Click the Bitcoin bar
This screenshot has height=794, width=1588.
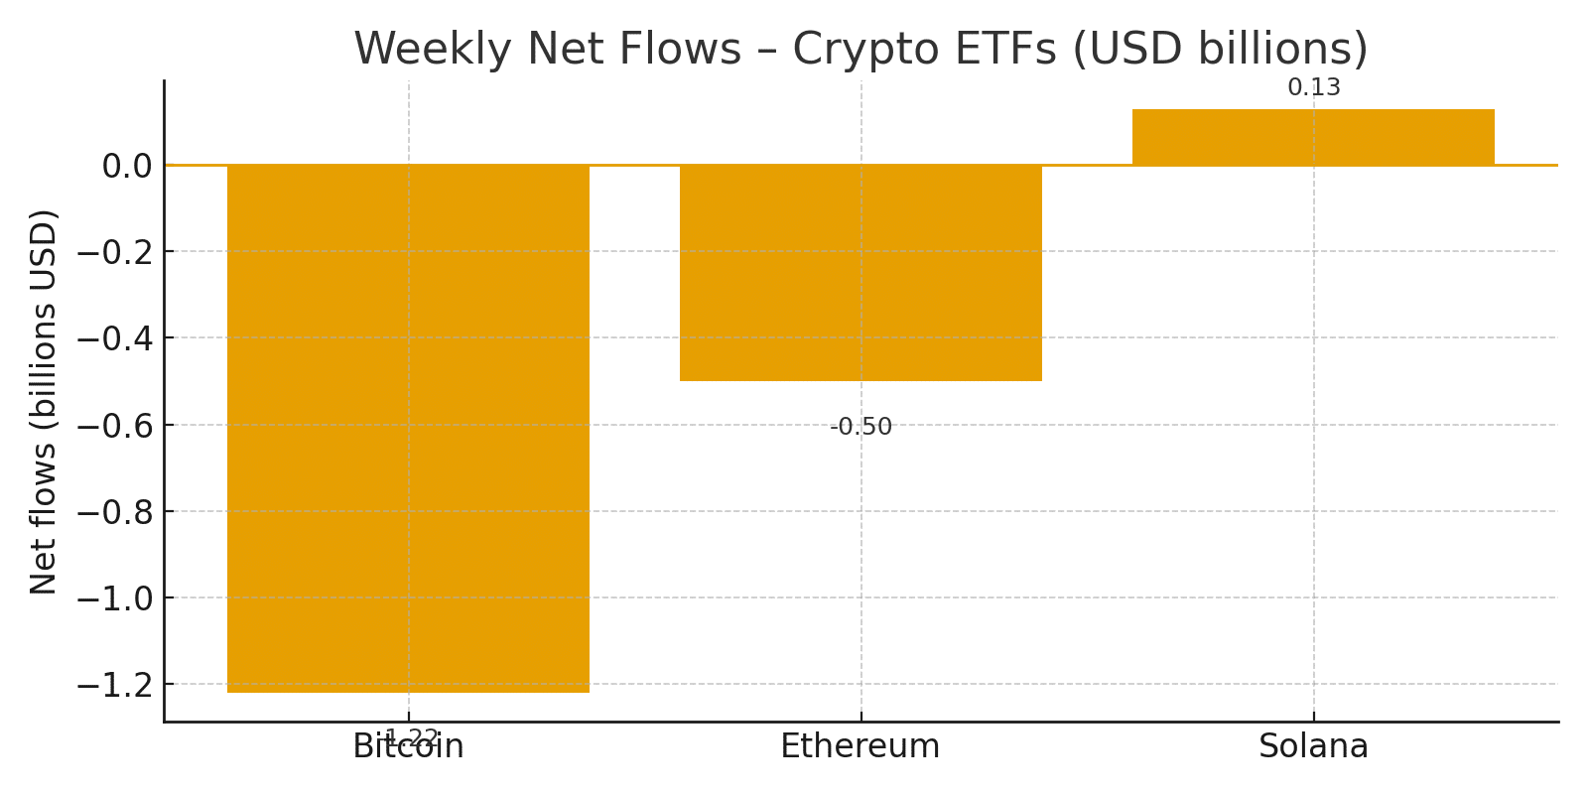point(408,427)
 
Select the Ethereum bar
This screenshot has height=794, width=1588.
point(860,273)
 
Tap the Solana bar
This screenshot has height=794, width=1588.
point(1313,137)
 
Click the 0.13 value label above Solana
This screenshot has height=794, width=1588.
point(1313,88)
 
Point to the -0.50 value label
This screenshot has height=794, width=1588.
point(860,428)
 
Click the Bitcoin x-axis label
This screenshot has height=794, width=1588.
point(408,747)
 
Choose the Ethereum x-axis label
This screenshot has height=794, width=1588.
point(860,746)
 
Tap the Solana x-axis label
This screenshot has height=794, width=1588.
point(1313,746)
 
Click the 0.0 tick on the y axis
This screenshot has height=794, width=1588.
point(126,166)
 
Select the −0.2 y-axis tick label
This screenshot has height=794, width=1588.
point(113,252)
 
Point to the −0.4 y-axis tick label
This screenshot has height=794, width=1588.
point(113,338)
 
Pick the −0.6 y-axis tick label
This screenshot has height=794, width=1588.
point(113,426)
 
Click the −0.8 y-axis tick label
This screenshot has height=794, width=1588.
point(113,512)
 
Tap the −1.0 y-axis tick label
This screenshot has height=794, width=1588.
point(113,598)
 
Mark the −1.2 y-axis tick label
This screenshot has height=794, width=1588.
point(113,685)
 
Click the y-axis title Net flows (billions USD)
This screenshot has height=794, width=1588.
point(44,402)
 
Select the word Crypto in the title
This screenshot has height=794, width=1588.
point(867,50)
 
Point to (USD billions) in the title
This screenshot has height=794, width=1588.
point(1220,50)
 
